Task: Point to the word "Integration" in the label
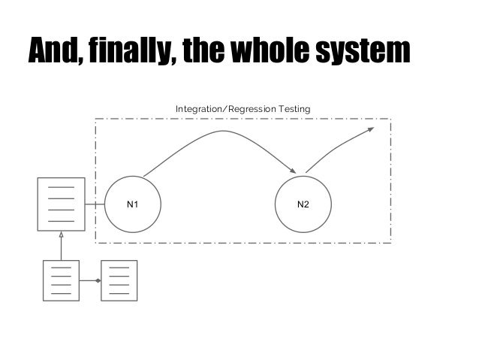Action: [198, 110]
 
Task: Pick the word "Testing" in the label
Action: [295, 110]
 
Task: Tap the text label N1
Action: [132, 204]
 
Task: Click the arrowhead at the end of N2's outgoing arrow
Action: [370, 130]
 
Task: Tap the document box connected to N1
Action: [62, 204]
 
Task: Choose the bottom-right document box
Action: [119, 280]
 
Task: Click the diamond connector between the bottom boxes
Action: [98, 280]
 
